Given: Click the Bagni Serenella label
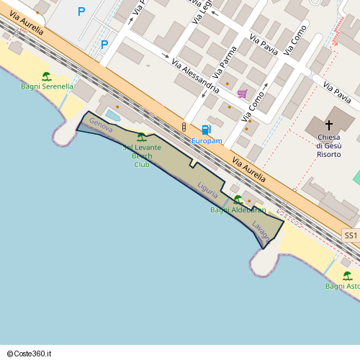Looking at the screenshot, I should pyautogui.click(x=47, y=86).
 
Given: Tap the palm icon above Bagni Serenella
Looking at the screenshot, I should pyautogui.click(x=47, y=76).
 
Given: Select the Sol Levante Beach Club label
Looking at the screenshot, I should pyautogui.click(x=142, y=156).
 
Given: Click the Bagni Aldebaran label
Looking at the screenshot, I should pyautogui.click(x=238, y=210).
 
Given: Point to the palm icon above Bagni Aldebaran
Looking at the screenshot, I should pyautogui.click(x=238, y=199).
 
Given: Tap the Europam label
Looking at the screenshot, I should pyautogui.click(x=207, y=141).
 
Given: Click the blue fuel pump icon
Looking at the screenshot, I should pyautogui.click(x=207, y=130).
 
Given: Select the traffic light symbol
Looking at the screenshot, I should pyautogui.click(x=184, y=127).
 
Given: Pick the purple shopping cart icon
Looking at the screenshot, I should pyautogui.click(x=242, y=94).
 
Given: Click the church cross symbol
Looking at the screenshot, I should pyautogui.click(x=330, y=125).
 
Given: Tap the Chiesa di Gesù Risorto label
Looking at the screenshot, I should pyautogui.click(x=328, y=144).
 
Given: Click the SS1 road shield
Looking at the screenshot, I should pyautogui.click(x=351, y=235).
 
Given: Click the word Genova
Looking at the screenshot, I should pyautogui.click(x=101, y=124).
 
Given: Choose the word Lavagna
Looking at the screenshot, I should pyautogui.click(x=261, y=228).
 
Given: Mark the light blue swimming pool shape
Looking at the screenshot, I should pyautogui.click(x=113, y=114).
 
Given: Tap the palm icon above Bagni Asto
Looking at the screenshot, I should pyautogui.click(x=347, y=276).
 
